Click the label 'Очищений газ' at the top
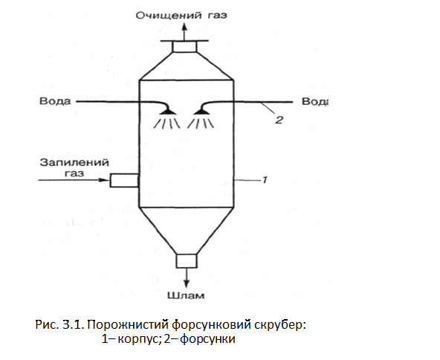[x=181, y=15]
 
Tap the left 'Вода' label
[x=55, y=101]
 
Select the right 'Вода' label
[x=314, y=101]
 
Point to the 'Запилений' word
[x=74, y=162]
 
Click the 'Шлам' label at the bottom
[x=186, y=295]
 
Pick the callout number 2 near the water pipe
[x=279, y=120]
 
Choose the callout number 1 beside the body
[x=265, y=180]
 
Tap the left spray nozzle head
[x=168, y=112]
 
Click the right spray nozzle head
[x=201, y=112]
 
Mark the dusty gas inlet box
[x=124, y=180]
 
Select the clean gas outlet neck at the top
[x=184, y=47]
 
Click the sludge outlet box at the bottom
[x=187, y=261]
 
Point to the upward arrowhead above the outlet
[x=184, y=28]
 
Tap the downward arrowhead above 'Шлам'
[x=187, y=284]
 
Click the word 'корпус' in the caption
[x=138, y=339]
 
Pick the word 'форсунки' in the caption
[x=207, y=338]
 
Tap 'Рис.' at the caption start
[x=47, y=324]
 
